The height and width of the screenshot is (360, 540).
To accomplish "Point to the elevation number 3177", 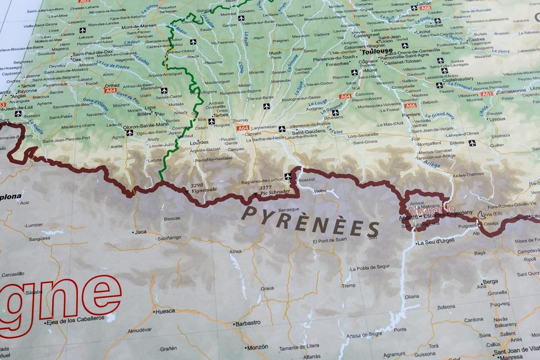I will point(265,187).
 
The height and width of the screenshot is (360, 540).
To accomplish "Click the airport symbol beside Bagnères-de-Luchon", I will point(287,176).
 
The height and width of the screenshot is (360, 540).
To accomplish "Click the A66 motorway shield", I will point(410,106).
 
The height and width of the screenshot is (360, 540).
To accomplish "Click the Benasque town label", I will point(289,210).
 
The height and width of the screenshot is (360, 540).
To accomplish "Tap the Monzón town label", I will point(258,347).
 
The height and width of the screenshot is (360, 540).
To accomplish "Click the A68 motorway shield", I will point(426,8).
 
